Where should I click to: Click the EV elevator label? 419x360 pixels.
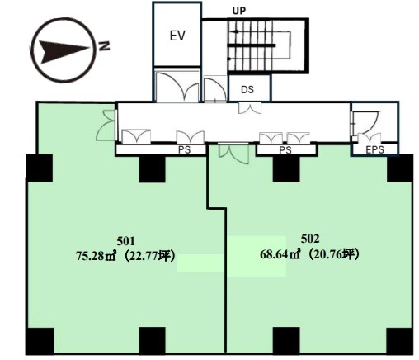[177, 36]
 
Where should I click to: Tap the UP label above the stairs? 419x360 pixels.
[239, 11]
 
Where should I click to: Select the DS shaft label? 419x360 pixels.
[247, 90]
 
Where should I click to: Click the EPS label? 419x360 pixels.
[375, 150]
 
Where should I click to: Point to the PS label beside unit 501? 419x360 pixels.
[185, 150]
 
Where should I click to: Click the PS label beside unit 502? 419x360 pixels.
[285, 150]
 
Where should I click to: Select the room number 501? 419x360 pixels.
[125, 241]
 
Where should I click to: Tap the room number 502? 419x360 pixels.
[310, 239]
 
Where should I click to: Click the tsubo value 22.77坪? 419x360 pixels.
[148, 256]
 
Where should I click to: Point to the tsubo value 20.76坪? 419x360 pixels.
[332, 254]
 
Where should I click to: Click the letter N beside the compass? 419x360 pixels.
[104, 46]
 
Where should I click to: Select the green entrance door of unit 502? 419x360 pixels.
[233, 153]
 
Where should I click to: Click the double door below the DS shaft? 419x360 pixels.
[249, 107]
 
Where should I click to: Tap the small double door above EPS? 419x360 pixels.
[370, 138]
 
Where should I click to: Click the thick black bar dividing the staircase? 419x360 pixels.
[252, 45]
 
